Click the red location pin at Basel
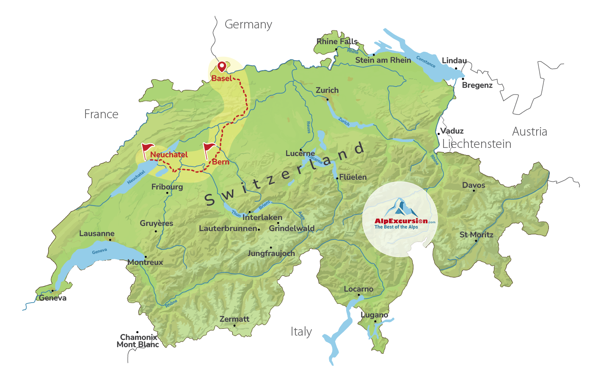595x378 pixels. (x=221, y=67)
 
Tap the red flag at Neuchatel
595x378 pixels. (x=147, y=149)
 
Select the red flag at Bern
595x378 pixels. (x=209, y=148)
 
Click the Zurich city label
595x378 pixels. (x=327, y=90)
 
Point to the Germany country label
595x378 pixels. (x=248, y=25)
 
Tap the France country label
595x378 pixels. (x=101, y=114)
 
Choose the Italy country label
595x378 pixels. (x=301, y=331)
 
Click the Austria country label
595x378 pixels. (x=529, y=131)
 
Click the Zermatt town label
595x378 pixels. (x=234, y=319)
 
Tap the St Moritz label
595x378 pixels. (x=477, y=234)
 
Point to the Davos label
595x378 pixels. (x=474, y=185)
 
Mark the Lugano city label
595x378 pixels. (x=374, y=315)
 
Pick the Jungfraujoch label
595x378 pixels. (x=271, y=253)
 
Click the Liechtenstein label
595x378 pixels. (x=477, y=144)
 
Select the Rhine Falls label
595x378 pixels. (x=337, y=42)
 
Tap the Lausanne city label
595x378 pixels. (x=96, y=233)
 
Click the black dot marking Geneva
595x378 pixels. (x=52, y=291)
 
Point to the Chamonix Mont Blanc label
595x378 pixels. (x=138, y=341)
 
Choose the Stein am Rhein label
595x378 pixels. (x=383, y=60)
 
